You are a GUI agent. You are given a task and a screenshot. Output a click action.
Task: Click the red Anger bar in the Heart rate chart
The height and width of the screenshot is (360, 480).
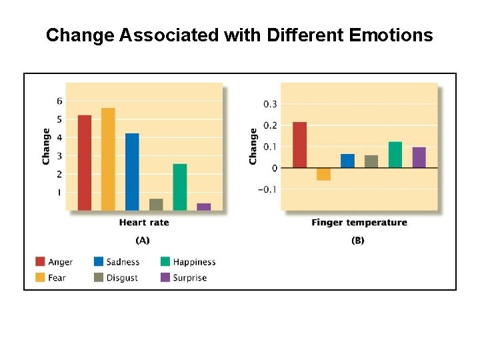coord(85,163)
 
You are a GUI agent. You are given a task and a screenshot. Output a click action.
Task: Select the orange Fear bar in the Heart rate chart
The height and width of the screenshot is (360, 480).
coord(108,159)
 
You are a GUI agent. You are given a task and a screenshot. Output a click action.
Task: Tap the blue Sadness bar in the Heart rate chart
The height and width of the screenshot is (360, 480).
coord(132,172)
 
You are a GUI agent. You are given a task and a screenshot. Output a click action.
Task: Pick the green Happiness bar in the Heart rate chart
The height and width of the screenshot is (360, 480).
coord(180,187)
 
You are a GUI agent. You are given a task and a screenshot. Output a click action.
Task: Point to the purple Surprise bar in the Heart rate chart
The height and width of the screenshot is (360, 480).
coord(204,207)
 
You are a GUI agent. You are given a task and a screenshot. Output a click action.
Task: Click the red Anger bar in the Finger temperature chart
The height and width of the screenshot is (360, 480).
coord(300,145)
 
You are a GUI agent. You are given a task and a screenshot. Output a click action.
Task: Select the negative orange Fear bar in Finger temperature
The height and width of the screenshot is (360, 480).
coord(323,174)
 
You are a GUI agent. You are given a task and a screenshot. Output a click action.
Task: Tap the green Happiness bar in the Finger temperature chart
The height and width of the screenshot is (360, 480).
coord(395,155)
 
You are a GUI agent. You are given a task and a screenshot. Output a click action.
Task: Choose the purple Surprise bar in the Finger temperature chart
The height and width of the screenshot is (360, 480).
coord(419,157)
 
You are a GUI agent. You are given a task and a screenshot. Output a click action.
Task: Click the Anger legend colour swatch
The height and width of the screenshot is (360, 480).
coord(39,262)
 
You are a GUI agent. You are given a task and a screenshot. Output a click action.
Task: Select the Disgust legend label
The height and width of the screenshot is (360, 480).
coord(122,277)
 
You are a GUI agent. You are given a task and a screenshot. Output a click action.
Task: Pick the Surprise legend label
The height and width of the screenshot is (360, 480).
coord(190,277)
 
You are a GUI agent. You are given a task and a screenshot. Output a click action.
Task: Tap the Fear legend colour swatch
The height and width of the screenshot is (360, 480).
coord(39,277)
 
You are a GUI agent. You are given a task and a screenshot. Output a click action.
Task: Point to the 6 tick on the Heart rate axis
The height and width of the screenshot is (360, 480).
coord(59,101)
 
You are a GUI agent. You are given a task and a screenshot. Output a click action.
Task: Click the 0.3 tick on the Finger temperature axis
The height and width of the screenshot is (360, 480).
coord(270,104)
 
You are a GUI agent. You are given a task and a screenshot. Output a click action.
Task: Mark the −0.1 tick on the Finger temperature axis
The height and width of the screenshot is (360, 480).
coord(268,189)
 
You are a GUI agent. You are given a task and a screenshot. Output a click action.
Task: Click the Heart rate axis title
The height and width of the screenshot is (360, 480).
coord(144,223)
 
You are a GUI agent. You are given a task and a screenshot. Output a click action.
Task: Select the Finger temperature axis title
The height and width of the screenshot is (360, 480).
coord(359,223)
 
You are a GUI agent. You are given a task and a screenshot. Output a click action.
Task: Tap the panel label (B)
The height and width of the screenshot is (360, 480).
coord(358,240)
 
